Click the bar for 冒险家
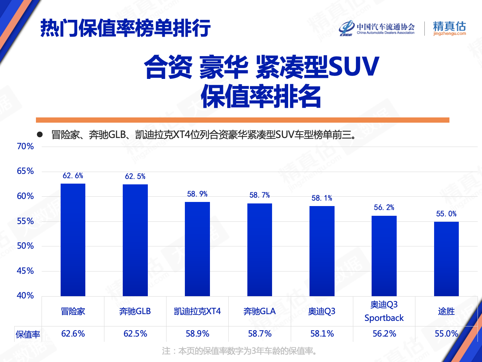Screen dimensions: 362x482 click(x=73, y=240)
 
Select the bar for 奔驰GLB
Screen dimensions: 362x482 click(x=135, y=240)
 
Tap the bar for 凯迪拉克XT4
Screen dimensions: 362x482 click(x=197, y=249)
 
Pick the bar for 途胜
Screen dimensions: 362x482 click(x=446, y=259)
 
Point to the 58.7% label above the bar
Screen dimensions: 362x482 click(x=260, y=195)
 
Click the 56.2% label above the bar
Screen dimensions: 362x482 click(x=384, y=208)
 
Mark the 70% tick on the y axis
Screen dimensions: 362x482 click(x=25, y=147)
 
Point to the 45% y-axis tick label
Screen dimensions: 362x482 click(x=25, y=271)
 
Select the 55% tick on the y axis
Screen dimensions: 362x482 click(x=25, y=221)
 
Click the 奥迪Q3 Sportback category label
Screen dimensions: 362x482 click(x=384, y=311)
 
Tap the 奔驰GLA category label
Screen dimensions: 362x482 click(x=260, y=311)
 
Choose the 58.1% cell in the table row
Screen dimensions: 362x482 click(x=322, y=334)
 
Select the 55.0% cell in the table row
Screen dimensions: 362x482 click(x=446, y=334)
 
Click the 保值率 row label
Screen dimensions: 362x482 click(x=28, y=334)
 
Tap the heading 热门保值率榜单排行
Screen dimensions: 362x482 click(x=126, y=28)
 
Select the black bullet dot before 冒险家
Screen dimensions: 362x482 click(x=40, y=135)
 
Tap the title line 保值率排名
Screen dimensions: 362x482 click(x=261, y=96)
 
